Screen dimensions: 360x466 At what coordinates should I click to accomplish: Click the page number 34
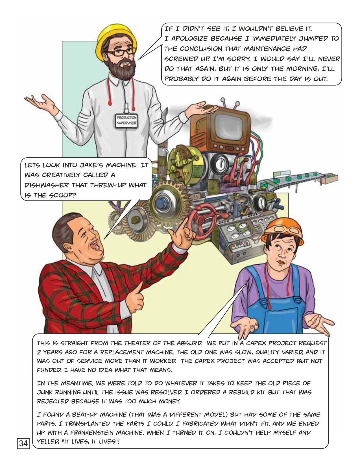click(x=23, y=443)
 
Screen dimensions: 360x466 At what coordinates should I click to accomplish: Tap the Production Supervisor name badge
click(x=126, y=121)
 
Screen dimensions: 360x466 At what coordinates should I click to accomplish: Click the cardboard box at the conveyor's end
click(x=330, y=178)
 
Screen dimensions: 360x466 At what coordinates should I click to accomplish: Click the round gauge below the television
click(x=220, y=164)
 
